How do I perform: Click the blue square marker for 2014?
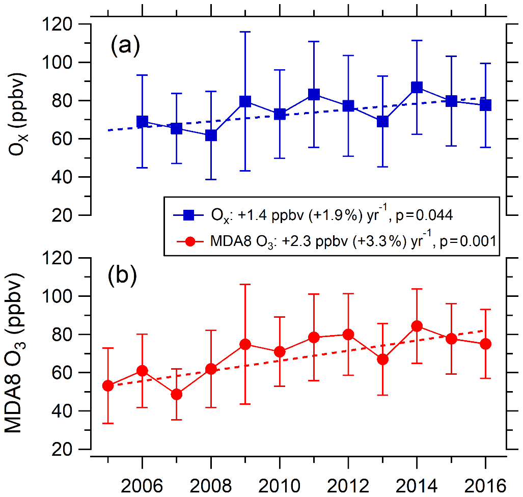tap(417, 88)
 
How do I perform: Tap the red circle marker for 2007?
tap(177, 394)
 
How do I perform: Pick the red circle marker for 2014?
tap(417, 326)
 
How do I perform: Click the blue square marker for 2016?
tap(485, 105)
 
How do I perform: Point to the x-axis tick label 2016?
tap(485, 483)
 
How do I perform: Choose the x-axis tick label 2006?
tap(142, 483)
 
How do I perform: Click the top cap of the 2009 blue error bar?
tap(245, 32)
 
